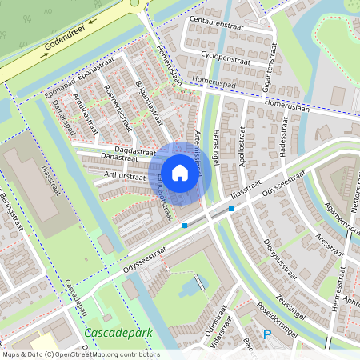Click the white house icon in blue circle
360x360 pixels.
click(180, 172)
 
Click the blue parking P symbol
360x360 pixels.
click(267, 335)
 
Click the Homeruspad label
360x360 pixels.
click(214, 82)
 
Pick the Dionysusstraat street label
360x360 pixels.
click(280, 240)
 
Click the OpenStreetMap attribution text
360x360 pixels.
click(80, 354)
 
